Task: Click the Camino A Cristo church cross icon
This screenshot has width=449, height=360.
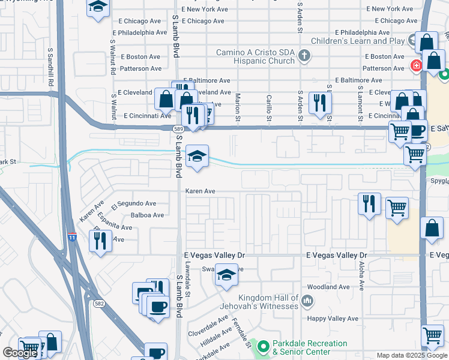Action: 304,56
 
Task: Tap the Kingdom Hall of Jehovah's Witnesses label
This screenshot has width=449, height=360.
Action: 268,302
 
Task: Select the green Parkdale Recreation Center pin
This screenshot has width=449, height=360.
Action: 262,346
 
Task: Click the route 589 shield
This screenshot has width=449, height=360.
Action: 178,128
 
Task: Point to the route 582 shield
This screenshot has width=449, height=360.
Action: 99,304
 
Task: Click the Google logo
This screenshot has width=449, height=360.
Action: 20,353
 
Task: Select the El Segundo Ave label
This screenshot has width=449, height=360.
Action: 133,203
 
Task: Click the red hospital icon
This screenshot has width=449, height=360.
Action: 415,65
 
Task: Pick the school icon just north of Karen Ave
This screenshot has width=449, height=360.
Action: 197,157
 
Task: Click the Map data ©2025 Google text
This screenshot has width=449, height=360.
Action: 411,355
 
